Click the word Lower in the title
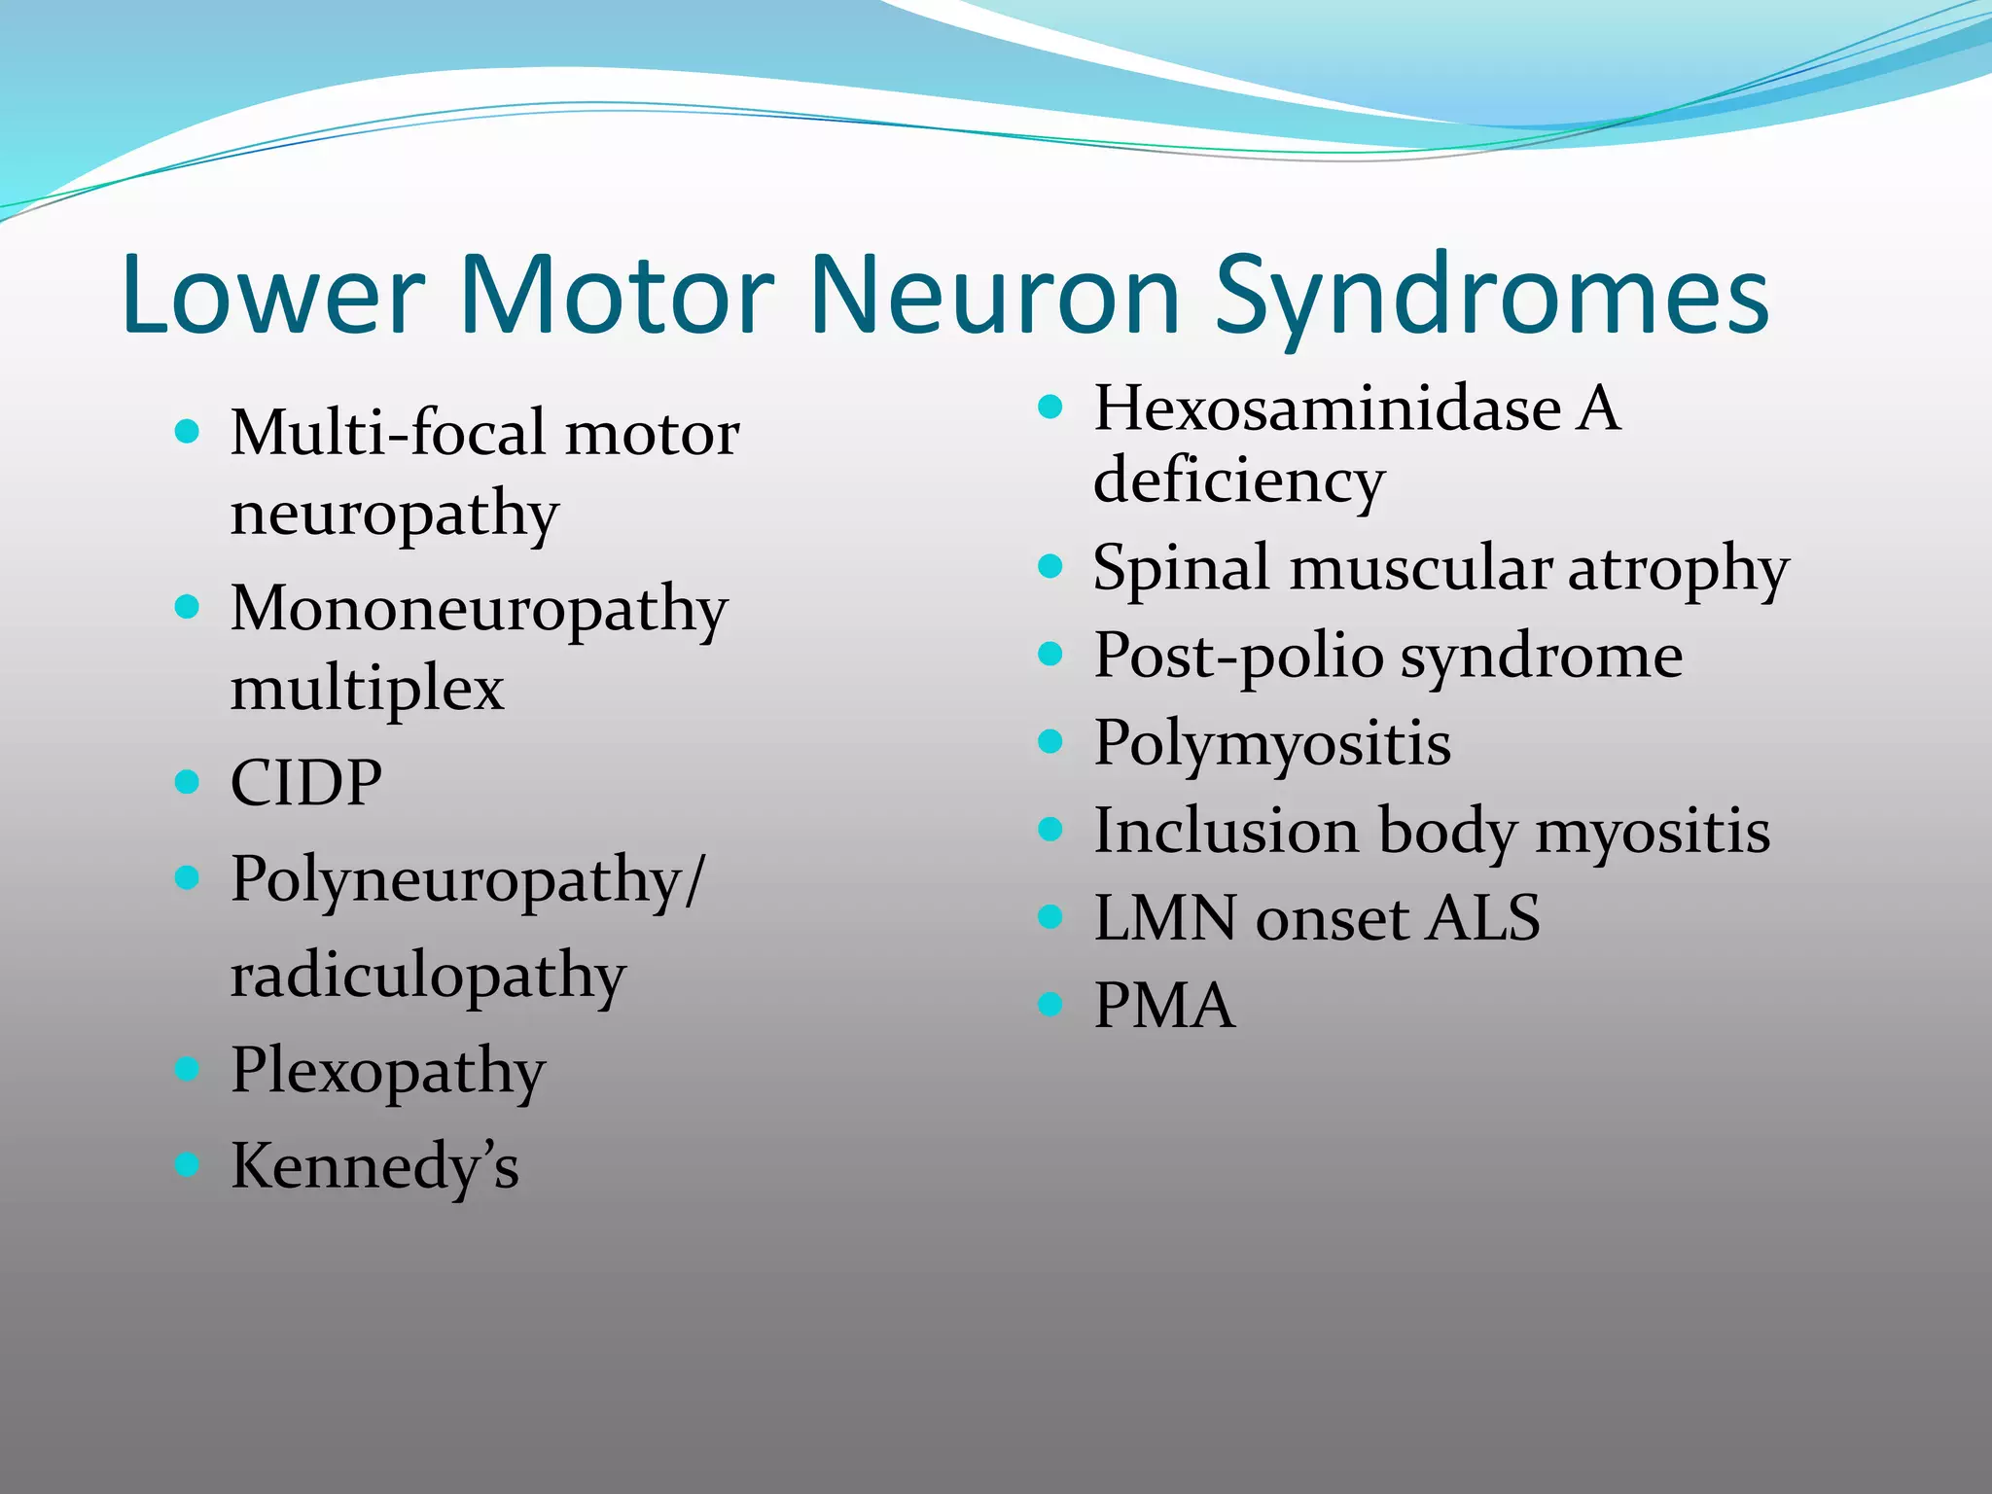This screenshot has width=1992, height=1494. point(273,295)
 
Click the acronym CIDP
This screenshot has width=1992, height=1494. point(305,782)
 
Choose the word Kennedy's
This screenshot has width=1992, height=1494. point(374,1165)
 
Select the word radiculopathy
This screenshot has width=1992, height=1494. point(428,977)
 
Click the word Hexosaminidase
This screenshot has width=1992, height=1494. point(1328,408)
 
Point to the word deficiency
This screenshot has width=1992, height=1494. point(1239,480)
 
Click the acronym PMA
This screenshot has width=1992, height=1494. point(1164,1005)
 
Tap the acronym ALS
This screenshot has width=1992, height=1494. point(1482,917)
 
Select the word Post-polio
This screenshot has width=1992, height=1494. point(1238,657)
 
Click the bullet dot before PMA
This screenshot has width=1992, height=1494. point(1049,1004)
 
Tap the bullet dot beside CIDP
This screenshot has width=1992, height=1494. point(187,781)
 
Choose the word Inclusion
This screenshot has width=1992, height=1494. point(1226,832)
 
